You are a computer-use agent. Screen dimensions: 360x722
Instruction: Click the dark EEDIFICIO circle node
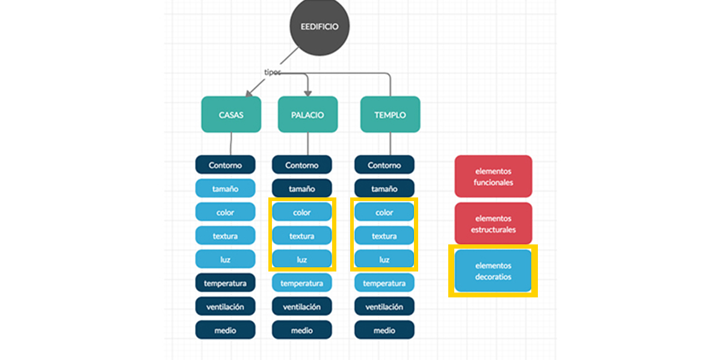(x=319, y=26)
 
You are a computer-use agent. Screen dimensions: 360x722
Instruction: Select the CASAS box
(x=231, y=114)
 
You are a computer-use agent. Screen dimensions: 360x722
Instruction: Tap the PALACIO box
(x=307, y=114)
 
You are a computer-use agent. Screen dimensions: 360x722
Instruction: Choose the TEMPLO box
(x=390, y=114)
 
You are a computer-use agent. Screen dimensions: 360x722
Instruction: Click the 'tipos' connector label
(x=273, y=72)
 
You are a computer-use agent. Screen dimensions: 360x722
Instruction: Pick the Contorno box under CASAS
(x=225, y=165)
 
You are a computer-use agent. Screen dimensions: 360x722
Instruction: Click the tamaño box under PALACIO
(x=301, y=188)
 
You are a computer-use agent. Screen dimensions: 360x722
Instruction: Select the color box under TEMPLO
(x=384, y=212)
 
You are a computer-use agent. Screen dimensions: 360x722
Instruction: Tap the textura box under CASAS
(x=225, y=235)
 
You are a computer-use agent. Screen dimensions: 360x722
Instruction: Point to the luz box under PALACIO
(x=301, y=259)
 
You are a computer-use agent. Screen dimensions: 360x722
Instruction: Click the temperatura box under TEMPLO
(x=384, y=283)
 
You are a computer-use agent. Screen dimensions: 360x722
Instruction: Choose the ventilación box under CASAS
(x=225, y=306)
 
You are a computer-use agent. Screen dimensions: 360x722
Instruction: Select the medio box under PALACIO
(x=301, y=330)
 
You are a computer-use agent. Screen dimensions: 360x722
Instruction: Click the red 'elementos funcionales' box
(x=493, y=176)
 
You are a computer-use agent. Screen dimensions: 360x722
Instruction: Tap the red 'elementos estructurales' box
(x=493, y=223)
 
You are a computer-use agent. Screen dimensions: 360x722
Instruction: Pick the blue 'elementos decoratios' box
(x=493, y=271)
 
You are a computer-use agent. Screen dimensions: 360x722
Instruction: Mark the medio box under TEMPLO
(x=384, y=330)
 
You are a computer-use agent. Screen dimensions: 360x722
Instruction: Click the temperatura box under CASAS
(x=225, y=283)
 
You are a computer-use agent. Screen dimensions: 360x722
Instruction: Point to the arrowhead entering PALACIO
(x=307, y=93)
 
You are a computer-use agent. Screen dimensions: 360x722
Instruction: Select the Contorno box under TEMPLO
(x=384, y=165)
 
